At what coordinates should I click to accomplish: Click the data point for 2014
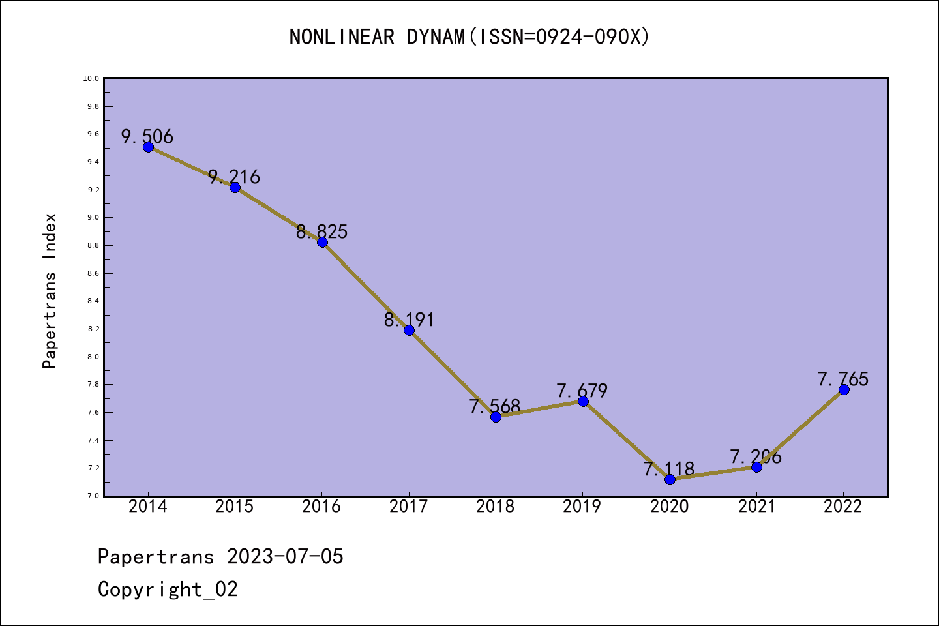pos(148,147)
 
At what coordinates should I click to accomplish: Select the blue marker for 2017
pos(409,330)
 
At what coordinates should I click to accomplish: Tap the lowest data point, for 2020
pos(670,479)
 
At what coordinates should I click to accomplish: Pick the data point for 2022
pos(844,389)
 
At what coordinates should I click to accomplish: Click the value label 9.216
pos(234,177)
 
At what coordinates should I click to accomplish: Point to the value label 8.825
pos(321,231)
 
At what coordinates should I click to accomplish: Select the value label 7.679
pos(582,391)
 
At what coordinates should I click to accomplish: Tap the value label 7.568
pos(495,406)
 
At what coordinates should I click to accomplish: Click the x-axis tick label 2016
pos(321,507)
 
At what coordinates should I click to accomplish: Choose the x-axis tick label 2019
pos(582,507)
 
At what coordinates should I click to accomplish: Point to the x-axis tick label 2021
pos(756,507)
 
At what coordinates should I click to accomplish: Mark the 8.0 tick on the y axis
pos(92,357)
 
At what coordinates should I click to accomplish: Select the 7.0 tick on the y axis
pos(92,496)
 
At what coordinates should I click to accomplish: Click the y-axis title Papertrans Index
pos(50,291)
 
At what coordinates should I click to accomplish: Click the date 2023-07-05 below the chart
pos(285,557)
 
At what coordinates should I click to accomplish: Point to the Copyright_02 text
pos(168,589)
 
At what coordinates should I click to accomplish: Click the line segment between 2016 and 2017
pos(365,286)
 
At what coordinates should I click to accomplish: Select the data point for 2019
pos(583,401)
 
